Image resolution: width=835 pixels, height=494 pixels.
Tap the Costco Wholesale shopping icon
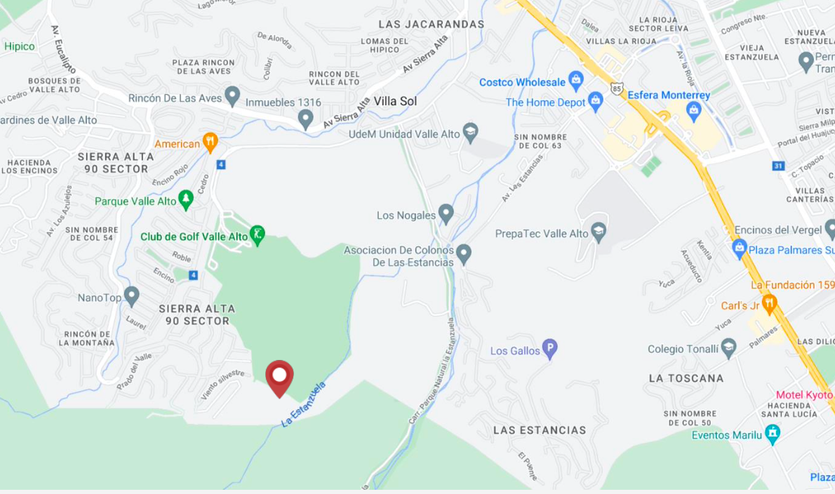point(576,79)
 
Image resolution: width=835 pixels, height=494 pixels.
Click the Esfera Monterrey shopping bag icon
point(693,109)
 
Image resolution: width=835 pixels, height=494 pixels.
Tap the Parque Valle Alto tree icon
point(186,200)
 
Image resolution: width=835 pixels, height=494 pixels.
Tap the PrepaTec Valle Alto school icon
point(599,232)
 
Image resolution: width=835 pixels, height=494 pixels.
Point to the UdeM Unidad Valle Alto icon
point(471,133)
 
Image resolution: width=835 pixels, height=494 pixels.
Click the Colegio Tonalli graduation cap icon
point(729,347)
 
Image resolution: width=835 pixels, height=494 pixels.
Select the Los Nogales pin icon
point(446,214)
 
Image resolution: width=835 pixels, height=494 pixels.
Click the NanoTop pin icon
point(131,296)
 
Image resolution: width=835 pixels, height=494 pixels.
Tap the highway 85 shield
point(616,88)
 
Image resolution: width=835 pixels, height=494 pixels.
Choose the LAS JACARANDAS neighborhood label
point(431,25)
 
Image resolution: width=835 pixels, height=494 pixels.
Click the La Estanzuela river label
point(304,405)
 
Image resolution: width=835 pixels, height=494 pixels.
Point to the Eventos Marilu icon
point(773,434)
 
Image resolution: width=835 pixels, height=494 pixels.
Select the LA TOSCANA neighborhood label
point(686,378)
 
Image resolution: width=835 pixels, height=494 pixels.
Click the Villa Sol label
point(395,101)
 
